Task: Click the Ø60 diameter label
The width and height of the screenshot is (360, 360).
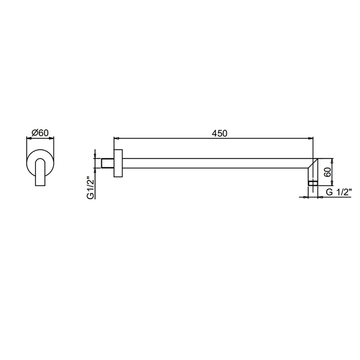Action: (40, 133)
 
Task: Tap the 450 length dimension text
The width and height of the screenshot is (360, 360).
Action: (219, 133)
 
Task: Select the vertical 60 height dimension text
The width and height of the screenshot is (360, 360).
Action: (328, 172)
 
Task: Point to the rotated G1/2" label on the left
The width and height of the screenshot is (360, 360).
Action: (91, 188)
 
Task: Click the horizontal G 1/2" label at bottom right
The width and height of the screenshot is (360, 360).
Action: (338, 192)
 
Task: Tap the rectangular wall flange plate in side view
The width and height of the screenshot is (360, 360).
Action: (118, 163)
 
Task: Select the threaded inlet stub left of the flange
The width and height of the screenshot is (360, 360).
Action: (107, 163)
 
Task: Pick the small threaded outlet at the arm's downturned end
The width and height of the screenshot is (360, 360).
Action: (313, 183)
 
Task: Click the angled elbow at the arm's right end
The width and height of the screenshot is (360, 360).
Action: (313, 169)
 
